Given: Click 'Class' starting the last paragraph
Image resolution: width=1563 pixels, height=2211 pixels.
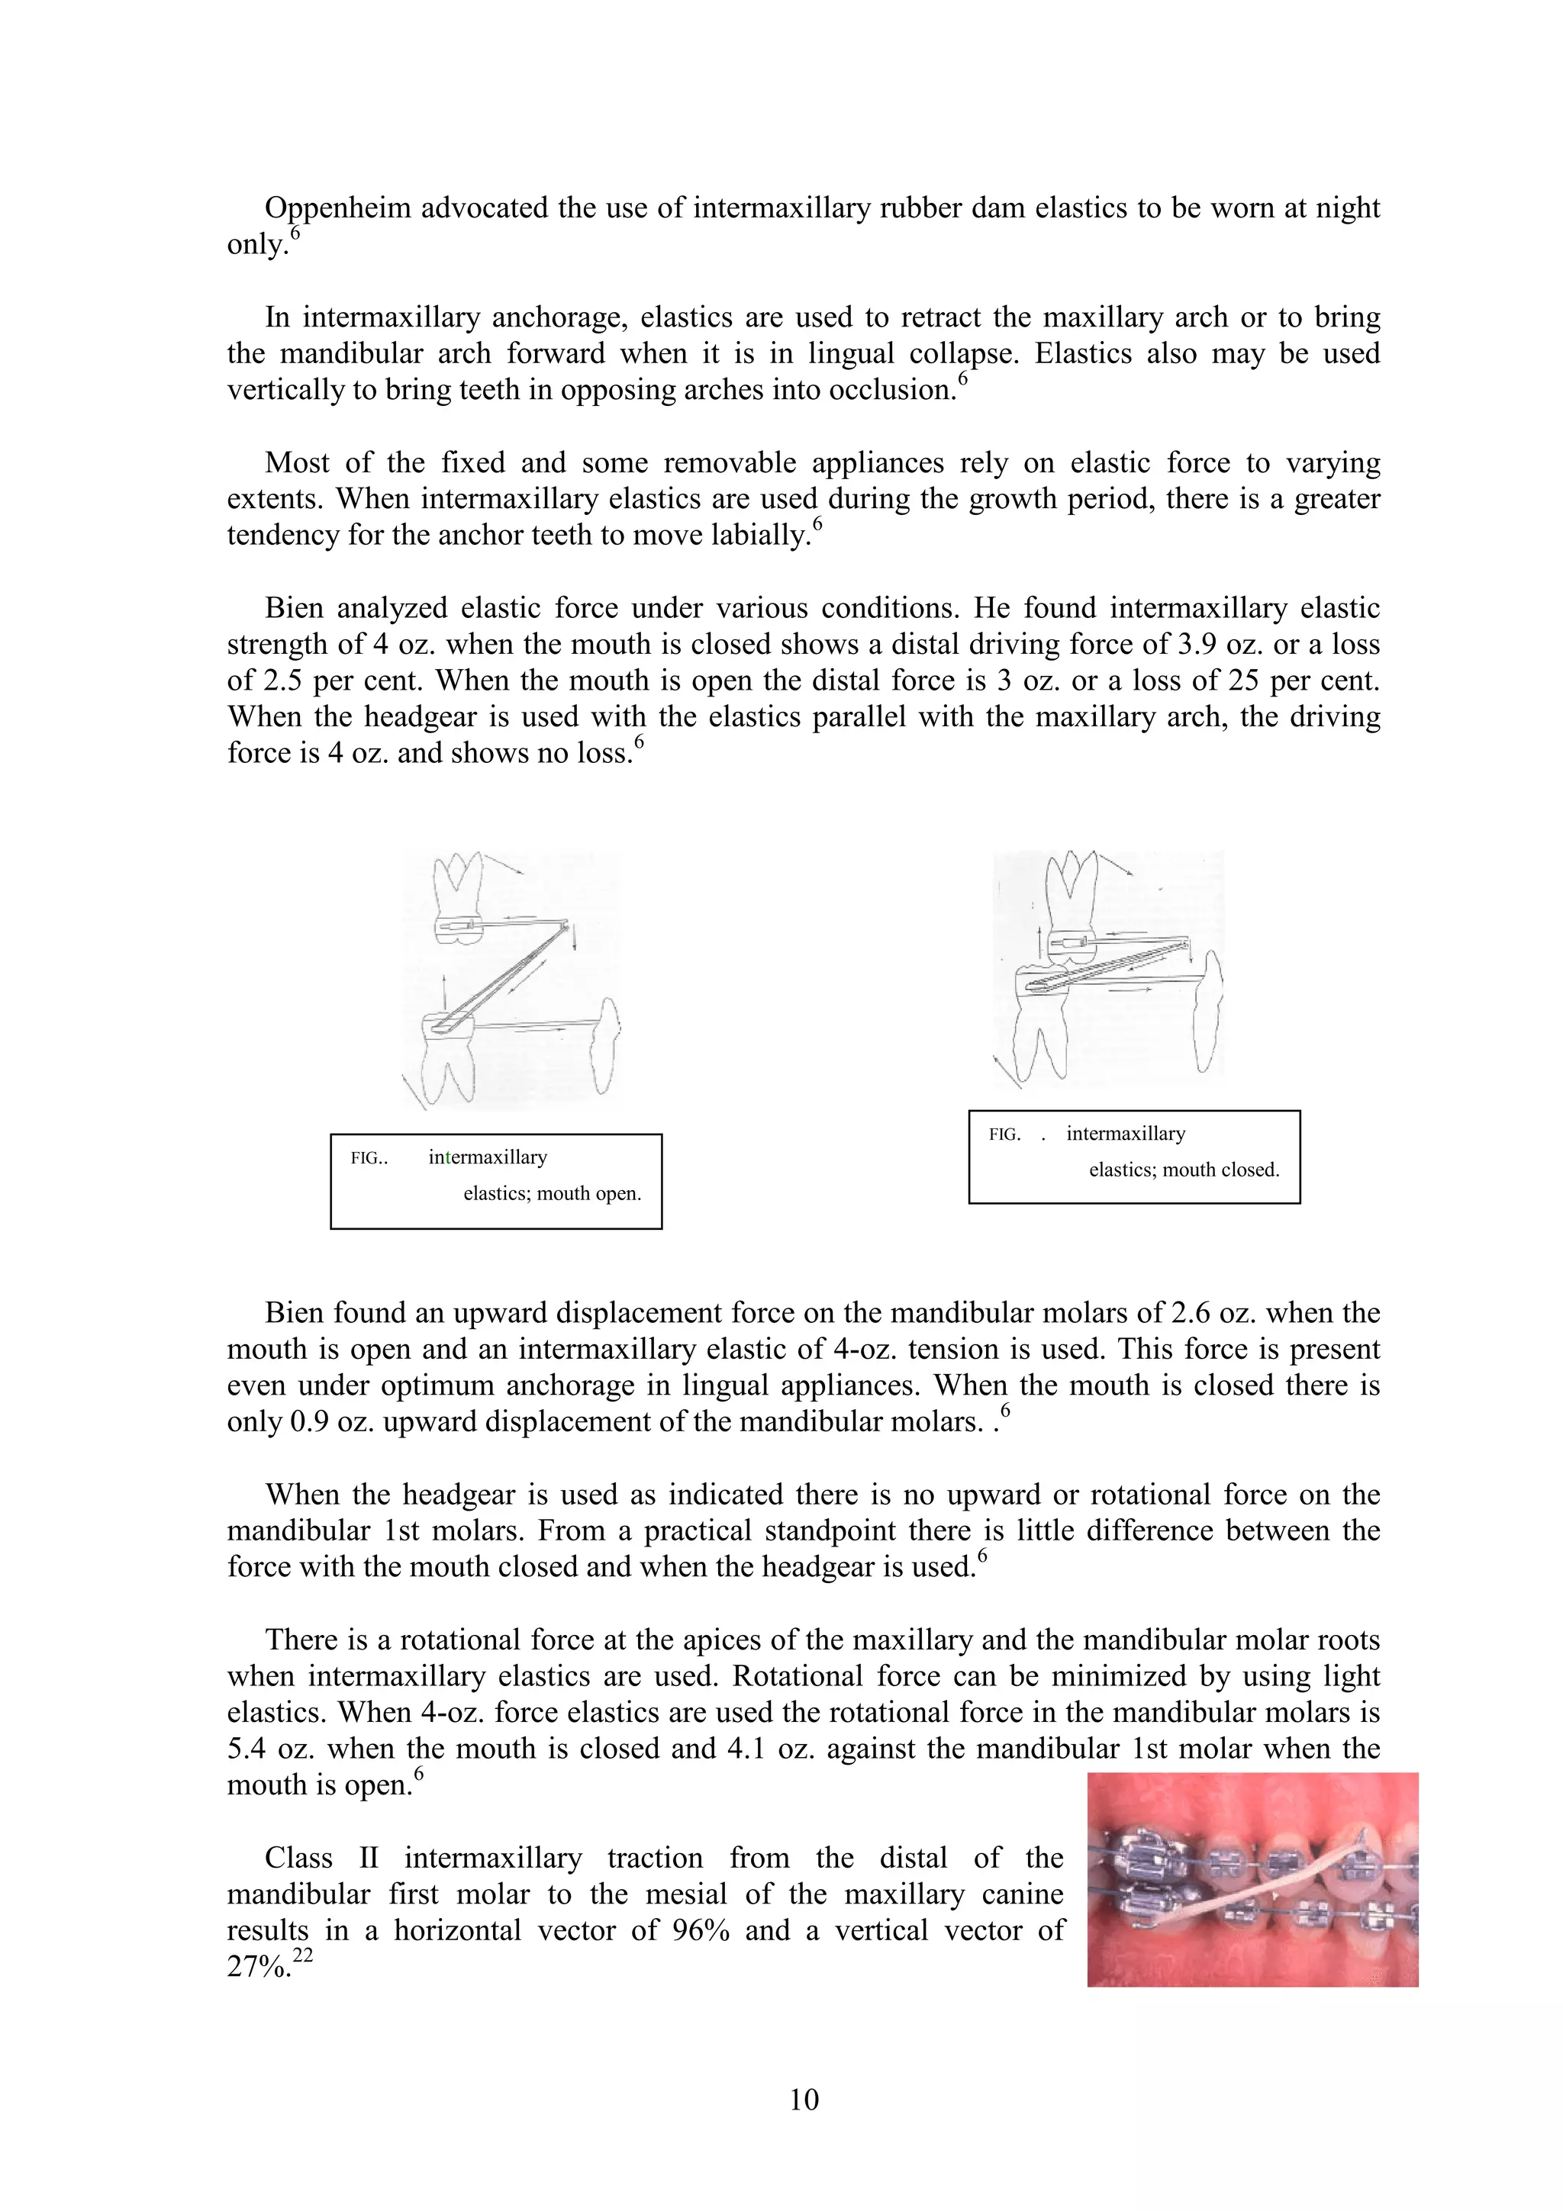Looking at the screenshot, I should point(298,1858).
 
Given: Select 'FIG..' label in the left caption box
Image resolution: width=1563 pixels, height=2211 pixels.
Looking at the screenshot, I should point(369,1158).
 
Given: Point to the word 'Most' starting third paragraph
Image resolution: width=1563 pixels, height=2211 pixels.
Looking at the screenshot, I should point(297,463).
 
